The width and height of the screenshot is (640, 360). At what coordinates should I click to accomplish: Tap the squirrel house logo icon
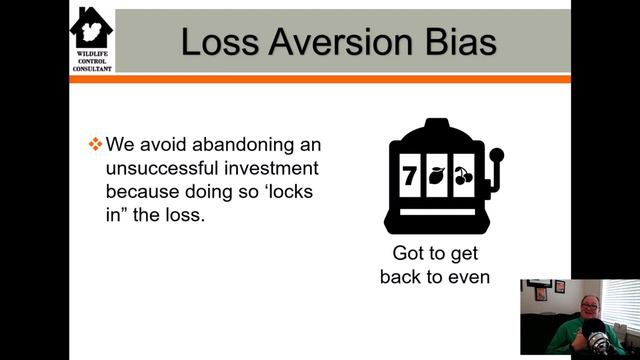coord(92,27)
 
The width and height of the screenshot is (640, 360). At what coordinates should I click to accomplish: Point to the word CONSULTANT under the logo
coord(92,67)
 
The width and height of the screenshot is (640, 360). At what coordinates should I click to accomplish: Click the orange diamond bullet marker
coord(96,143)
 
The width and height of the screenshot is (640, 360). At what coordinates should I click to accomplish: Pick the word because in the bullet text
coord(143,190)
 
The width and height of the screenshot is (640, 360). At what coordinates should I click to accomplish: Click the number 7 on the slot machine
coord(408,176)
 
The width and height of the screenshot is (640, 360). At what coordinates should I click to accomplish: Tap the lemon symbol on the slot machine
coord(436,176)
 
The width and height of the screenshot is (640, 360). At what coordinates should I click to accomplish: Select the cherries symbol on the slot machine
coord(462,176)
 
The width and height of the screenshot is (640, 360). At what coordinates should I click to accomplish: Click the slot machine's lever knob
coord(497,156)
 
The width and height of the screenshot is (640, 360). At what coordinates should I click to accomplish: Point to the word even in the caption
coord(468,275)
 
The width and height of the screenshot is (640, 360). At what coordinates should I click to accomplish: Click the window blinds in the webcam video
coord(620,300)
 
